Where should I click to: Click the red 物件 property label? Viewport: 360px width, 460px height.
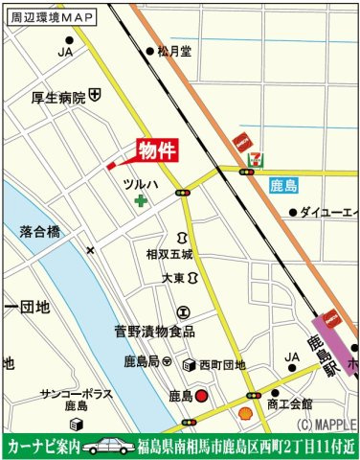point(157,151)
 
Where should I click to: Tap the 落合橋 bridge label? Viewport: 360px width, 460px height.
point(39,232)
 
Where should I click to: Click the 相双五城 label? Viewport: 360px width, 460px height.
point(169,255)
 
